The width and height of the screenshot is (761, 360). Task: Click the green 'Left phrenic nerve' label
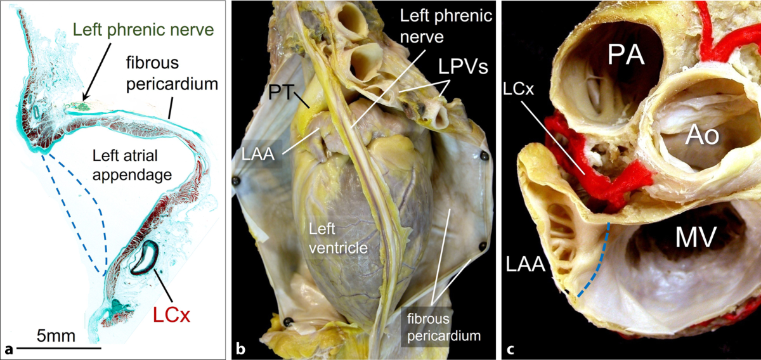click(x=143, y=29)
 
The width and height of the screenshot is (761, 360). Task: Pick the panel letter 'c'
click(x=510, y=348)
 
